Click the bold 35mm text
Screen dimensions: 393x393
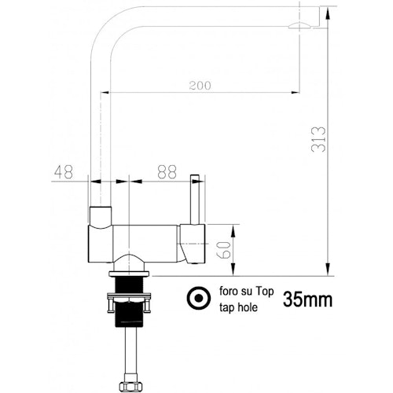click(307, 299)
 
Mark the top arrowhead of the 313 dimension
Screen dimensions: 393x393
click(325, 12)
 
